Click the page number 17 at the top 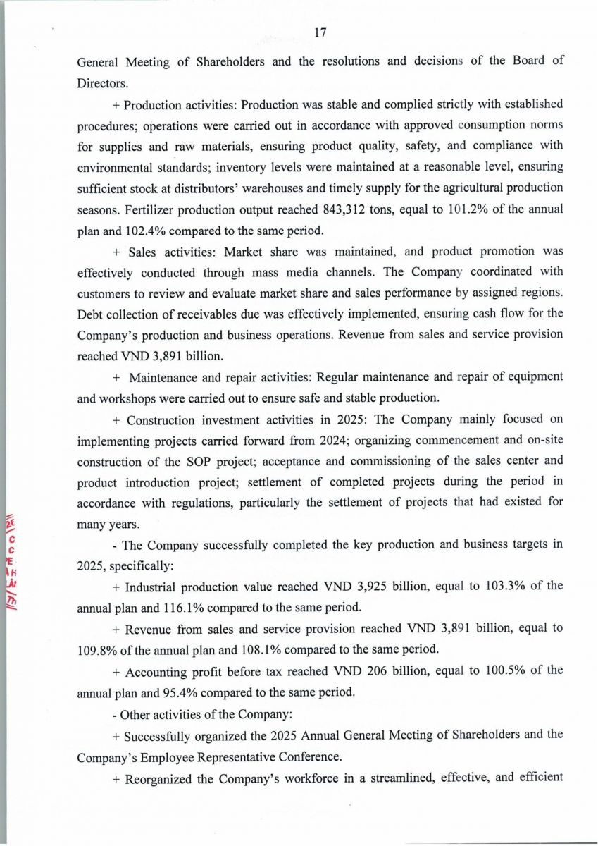pos(320,32)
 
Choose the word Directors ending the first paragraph pos(101,82)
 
